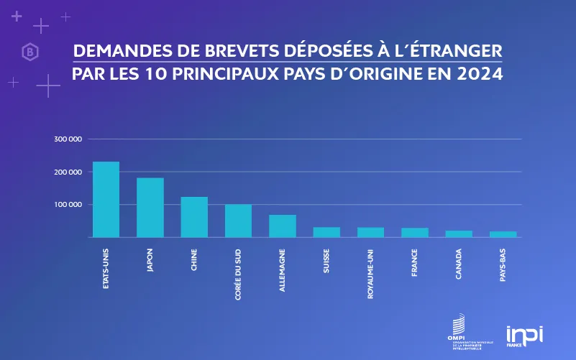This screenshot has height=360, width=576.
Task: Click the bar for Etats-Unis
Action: click(x=106, y=199)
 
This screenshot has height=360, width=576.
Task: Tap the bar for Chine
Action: click(x=194, y=216)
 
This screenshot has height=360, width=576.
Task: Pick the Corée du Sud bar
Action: click(x=238, y=221)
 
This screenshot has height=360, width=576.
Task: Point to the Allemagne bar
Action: click(x=283, y=226)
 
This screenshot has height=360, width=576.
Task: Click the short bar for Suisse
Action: click(x=326, y=232)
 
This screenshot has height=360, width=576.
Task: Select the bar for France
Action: click(x=415, y=232)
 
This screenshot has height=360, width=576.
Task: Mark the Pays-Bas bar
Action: click(x=503, y=234)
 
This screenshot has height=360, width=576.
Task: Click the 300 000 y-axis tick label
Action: click(x=68, y=139)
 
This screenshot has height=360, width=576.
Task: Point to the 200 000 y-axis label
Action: click(x=68, y=172)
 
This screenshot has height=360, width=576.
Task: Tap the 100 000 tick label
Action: click(x=68, y=204)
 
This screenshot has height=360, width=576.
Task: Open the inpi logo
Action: click(x=524, y=335)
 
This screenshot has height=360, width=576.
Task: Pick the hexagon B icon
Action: click(x=30, y=52)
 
